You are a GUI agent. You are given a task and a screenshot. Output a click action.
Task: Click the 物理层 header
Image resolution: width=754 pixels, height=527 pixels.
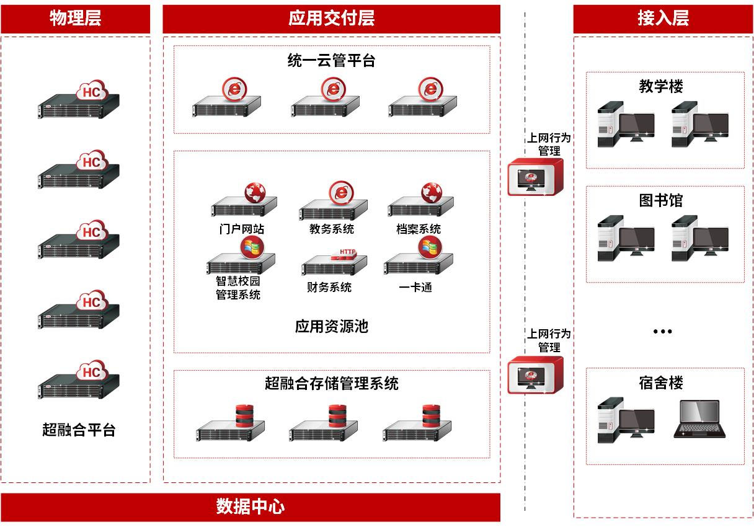point(75,18)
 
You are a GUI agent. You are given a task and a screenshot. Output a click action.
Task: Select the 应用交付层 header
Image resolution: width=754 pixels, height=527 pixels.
point(331,18)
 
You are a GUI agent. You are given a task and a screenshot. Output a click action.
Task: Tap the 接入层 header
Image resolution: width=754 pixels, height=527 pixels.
point(663,18)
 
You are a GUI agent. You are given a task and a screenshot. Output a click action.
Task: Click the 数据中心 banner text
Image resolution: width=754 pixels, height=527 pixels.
point(250,507)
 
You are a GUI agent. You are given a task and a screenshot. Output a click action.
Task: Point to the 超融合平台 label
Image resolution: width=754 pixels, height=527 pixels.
point(79,429)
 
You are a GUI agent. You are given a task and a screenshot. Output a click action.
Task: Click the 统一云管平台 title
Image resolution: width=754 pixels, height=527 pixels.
point(331,60)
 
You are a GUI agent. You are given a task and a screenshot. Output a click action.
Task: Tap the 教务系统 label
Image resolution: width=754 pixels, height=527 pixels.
point(331,229)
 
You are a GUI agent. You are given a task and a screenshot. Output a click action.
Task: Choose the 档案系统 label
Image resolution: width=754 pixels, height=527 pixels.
point(419,229)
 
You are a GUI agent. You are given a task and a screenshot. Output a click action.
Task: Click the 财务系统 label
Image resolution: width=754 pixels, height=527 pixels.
point(329,287)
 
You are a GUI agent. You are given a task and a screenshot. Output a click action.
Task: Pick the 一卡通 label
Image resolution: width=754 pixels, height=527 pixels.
point(415,287)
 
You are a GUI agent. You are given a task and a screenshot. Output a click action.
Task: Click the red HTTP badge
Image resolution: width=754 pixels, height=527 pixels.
point(347,252)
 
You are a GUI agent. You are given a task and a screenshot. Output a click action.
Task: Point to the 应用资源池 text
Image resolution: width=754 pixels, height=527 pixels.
point(331,326)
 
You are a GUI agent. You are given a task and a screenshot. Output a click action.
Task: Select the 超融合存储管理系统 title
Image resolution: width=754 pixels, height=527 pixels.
point(331,383)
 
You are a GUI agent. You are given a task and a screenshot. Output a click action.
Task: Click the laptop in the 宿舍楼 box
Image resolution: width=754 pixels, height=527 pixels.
point(699,420)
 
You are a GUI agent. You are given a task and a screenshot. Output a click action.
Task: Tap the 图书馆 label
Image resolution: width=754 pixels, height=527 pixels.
point(661,200)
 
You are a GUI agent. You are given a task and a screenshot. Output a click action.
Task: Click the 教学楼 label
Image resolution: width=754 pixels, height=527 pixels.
point(661,86)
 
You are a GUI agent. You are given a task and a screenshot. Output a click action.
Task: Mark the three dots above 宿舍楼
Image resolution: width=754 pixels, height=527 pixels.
point(662,332)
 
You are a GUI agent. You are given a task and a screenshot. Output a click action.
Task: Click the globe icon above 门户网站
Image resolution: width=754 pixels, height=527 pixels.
point(254,193)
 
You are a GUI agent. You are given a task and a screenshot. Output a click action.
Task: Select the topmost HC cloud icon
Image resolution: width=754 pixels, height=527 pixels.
point(92,92)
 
